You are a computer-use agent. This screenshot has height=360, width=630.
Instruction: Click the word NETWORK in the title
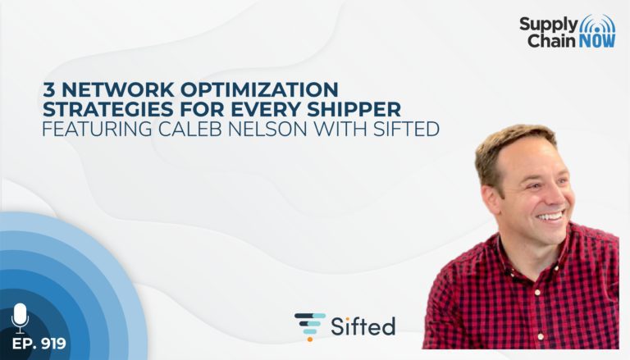[x=118, y=89]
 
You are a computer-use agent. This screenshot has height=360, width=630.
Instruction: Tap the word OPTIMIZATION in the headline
[x=259, y=89]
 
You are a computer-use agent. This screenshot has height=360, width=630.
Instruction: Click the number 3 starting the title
[x=49, y=89]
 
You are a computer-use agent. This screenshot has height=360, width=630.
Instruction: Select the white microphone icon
[x=20, y=318]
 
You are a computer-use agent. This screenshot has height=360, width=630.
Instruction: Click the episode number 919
[x=53, y=344]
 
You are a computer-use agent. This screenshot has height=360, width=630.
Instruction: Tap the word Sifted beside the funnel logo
[x=363, y=326]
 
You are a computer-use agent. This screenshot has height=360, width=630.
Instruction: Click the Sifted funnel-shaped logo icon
[x=310, y=326]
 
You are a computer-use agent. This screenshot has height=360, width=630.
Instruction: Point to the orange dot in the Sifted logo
[x=310, y=339]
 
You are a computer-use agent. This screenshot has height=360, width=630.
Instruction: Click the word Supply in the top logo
[x=548, y=25]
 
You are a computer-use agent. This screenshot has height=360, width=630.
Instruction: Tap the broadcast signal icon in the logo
[x=597, y=24]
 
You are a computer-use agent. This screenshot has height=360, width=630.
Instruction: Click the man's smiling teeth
[x=551, y=217]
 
